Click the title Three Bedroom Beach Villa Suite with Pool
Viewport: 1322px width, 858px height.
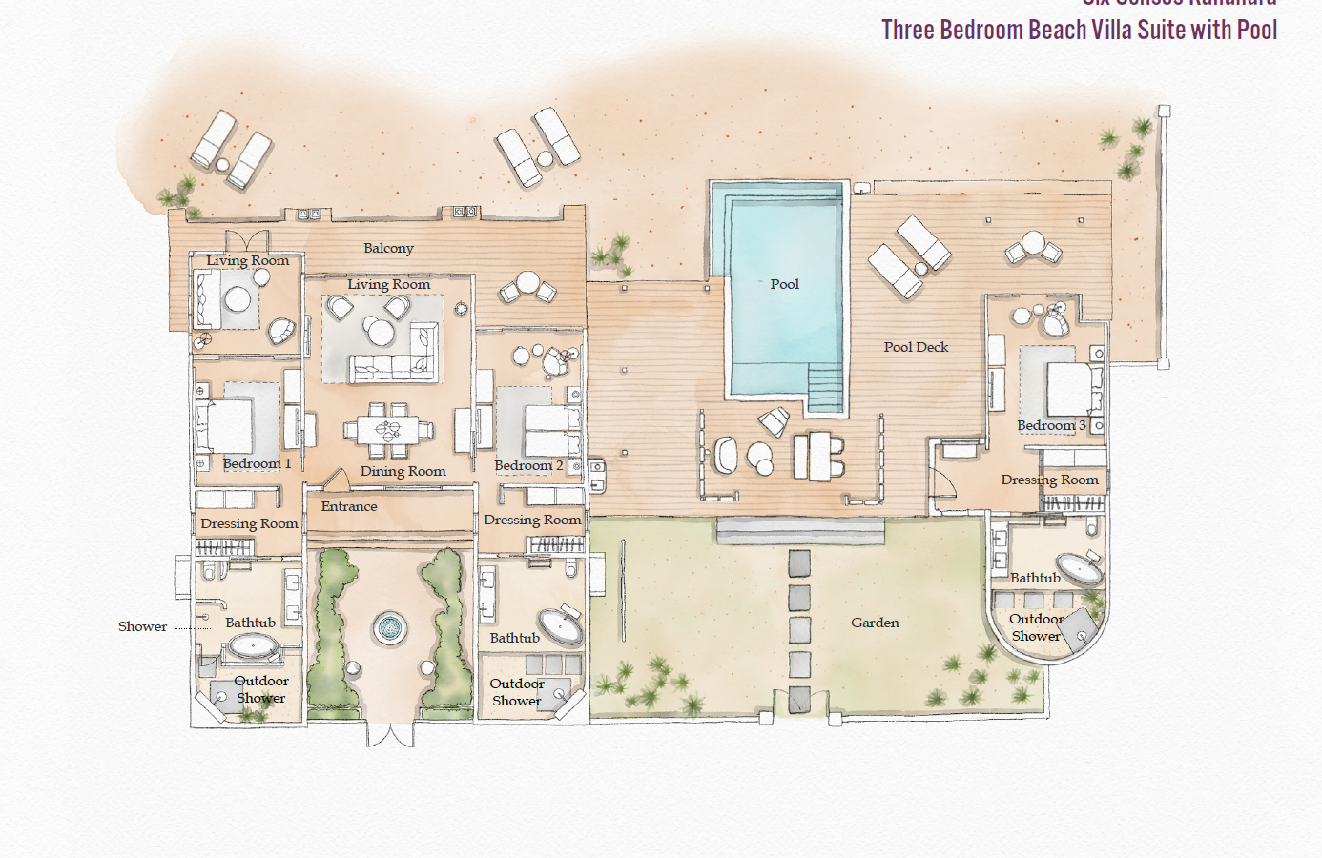coord(1079,30)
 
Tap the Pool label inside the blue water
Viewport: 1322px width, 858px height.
coord(784,284)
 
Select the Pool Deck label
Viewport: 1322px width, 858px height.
coord(916,347)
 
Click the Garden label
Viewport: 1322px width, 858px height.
coord(875,623)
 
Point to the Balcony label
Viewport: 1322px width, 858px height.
coord(388,248)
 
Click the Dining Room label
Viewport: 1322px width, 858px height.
coord(403,471)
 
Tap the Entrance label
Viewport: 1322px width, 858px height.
coord(349,506)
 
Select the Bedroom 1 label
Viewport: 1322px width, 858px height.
coord(257,463)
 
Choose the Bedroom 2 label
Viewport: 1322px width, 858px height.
coord(528,465)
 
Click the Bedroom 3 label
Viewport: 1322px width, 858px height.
coord(1051,425)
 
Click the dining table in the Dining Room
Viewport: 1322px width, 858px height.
coord(388,429)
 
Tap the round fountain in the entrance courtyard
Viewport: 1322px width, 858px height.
coord(389,627)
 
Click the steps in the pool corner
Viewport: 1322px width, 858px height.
coord(825,388)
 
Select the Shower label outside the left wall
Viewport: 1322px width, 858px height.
coord(142,626)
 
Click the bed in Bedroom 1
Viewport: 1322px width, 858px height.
coord(225,425)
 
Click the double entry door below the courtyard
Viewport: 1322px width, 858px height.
coord(390,734)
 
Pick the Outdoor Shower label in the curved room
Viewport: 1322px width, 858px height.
coord(1036,627)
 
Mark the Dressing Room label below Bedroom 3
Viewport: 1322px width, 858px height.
coord(1049,480)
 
